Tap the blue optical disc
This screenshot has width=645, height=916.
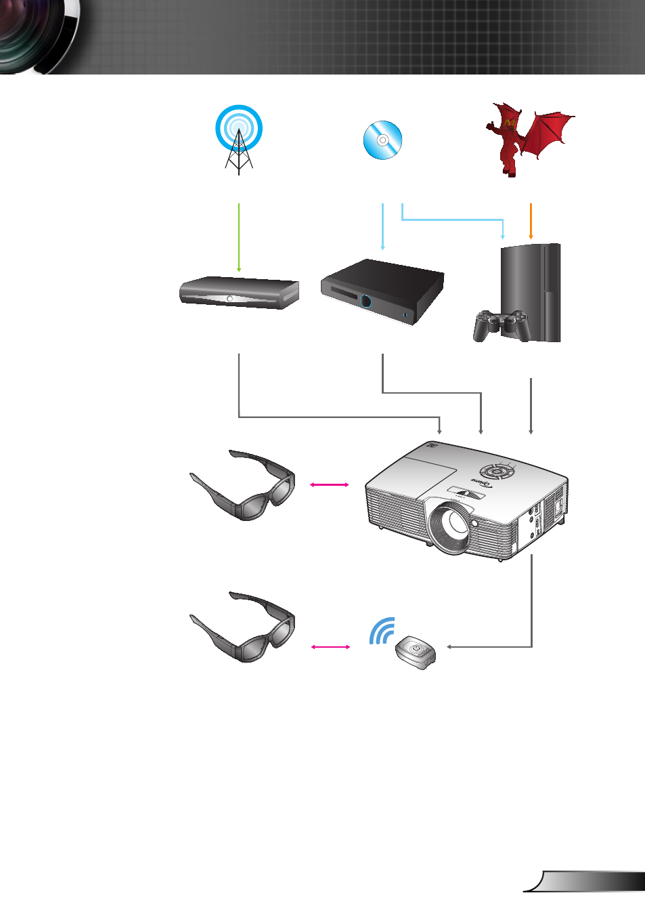coord(382,140)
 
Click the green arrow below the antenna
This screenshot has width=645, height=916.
coord(239,237)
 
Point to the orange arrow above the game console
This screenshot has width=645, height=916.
coord(531,221)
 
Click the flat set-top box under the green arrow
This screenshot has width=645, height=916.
coord(239,293)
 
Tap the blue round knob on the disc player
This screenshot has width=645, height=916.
coord(366,301)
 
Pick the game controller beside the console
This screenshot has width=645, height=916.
coord(500,325)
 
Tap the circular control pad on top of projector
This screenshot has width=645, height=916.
coord(497,472)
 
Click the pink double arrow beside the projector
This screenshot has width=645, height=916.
coord(329,484)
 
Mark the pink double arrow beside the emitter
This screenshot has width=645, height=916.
coord(330,647)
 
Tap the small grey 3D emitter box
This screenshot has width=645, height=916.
coord(416,652)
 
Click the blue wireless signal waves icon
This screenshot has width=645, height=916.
coord(382,631)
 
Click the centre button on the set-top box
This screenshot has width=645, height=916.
coord(230,299)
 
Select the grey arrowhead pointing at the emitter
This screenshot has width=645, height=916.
coord(449,647)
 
